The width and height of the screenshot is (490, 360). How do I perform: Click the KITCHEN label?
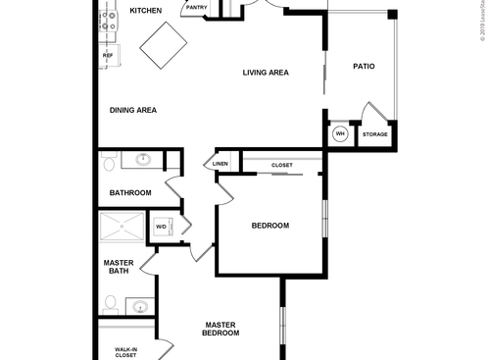point(145,11)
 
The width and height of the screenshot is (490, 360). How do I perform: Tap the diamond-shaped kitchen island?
point(164,46)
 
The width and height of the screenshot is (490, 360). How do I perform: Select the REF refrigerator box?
point(107,56)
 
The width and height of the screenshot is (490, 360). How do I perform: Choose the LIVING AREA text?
point(265,73)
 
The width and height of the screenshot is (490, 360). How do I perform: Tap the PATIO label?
point(364,67)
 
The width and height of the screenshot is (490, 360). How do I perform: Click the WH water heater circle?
point(340,134)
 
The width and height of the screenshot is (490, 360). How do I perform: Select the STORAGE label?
point(374,134)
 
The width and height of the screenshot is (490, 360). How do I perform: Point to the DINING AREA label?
point(132,110)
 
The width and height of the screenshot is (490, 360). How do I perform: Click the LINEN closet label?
point(220,164)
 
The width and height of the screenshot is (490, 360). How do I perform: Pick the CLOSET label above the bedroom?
point(282,165)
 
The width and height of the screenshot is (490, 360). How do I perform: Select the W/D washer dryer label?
point(161,228)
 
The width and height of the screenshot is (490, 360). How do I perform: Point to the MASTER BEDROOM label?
point(220,329)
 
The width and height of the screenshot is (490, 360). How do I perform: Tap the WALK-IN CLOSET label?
point(125,351)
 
